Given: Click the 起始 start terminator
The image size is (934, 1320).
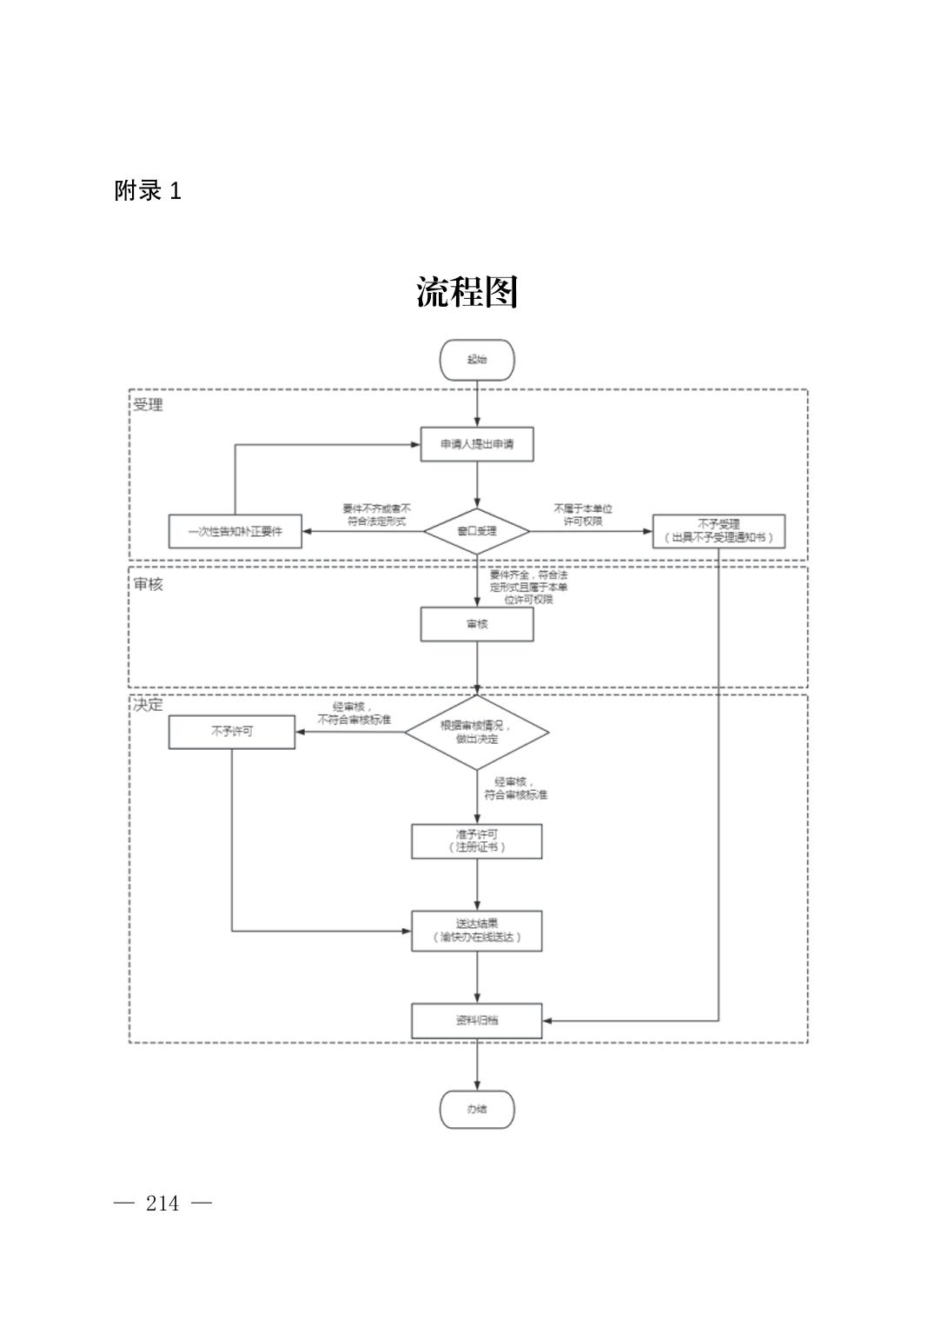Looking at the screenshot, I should coord(477,360).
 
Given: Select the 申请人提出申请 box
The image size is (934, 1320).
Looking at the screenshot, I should coord(477,444).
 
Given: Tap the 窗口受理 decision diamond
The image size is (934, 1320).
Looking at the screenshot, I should coord(477,531).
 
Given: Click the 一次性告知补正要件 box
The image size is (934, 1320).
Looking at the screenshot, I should coord(235,531).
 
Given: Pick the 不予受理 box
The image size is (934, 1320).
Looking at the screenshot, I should coord(719,531).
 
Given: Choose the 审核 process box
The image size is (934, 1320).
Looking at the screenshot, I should coord(477,624).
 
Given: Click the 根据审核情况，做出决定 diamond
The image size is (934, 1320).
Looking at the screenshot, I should coord(477,732).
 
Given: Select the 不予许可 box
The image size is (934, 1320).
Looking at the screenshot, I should coord(232,732).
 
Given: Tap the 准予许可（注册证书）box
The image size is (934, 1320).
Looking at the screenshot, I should coord(477,840).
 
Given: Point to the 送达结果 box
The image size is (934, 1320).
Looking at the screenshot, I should coord(477,931).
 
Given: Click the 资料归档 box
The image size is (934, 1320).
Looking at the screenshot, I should coord(477,1020).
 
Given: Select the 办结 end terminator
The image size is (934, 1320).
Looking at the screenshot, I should coord(477,1109).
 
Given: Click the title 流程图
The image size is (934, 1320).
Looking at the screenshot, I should coord(467,292).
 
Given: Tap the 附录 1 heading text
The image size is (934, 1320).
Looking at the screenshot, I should coord(148,191).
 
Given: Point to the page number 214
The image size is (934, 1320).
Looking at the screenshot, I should coord(163,1204).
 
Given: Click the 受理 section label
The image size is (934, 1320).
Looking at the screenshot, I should coord(148,405).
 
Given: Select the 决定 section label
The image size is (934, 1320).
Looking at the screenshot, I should coord(148,704).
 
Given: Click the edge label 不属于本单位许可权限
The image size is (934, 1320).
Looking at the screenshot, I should coord(583,515).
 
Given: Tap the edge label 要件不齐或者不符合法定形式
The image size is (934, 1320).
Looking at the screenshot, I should coord(376,515).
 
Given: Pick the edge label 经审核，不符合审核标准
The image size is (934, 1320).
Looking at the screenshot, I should coord(354,713).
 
